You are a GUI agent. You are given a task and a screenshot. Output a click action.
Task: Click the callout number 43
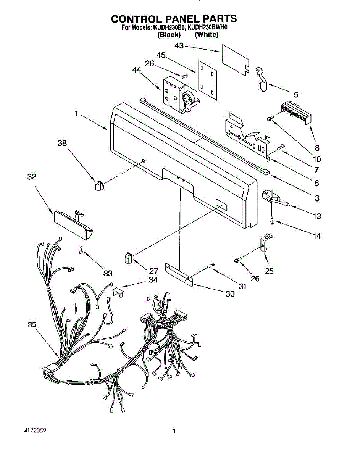tap(179, 46)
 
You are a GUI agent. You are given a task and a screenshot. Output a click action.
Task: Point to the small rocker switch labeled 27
tap(128, 258)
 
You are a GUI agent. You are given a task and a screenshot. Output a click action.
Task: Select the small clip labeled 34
tap(118, 292)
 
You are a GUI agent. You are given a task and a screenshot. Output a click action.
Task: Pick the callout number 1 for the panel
tap(76, 113)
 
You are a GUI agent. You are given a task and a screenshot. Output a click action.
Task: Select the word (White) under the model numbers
tap(206, 35)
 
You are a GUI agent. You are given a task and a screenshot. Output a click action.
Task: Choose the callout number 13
tap(316, 216)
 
